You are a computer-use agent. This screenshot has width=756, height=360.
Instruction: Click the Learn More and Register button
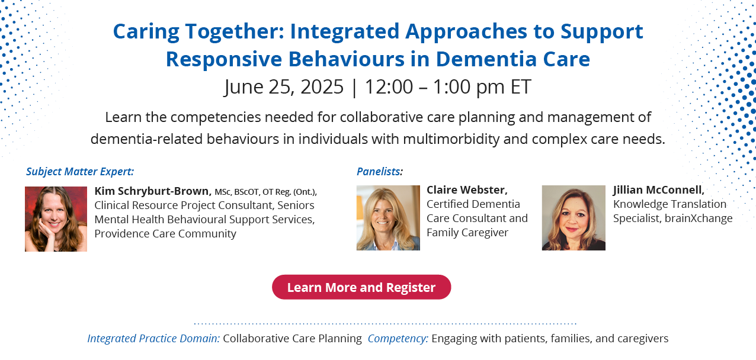point(361,287)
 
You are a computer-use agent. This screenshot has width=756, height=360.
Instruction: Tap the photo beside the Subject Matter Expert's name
point(56,219)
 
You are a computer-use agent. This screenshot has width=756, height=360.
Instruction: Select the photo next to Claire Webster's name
point(388,218)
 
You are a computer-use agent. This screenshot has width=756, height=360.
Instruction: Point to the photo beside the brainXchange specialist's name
point(574,218)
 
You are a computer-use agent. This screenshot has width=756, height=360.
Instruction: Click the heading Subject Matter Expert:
point(80,171)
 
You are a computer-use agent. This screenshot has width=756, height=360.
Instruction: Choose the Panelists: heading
point(380,171)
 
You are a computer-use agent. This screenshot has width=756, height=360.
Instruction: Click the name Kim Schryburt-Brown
point(153,191)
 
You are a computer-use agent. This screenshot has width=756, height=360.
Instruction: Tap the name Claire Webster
point(467,190)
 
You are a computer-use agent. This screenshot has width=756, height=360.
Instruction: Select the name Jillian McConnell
point(659,190)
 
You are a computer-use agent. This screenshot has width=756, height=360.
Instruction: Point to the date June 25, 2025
point(284,87)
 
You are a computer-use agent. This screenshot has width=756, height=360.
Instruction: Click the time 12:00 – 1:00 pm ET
point(448,87)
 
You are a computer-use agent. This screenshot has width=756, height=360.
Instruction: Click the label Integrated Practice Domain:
point(153,339)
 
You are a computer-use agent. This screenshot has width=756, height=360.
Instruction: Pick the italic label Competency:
point(398,339)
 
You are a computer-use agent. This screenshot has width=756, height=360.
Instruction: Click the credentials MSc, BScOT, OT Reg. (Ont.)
point(266,192)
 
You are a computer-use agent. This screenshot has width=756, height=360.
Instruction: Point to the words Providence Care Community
point(165,233)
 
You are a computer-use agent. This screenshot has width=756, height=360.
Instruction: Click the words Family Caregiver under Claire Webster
point(467,233)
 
